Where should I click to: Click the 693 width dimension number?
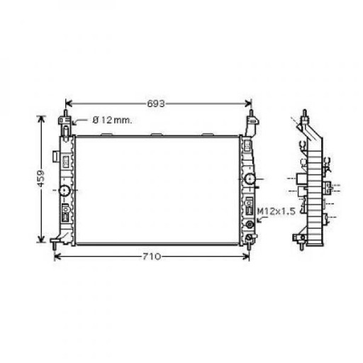157,104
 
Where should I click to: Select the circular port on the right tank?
250,178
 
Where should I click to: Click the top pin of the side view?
305,113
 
